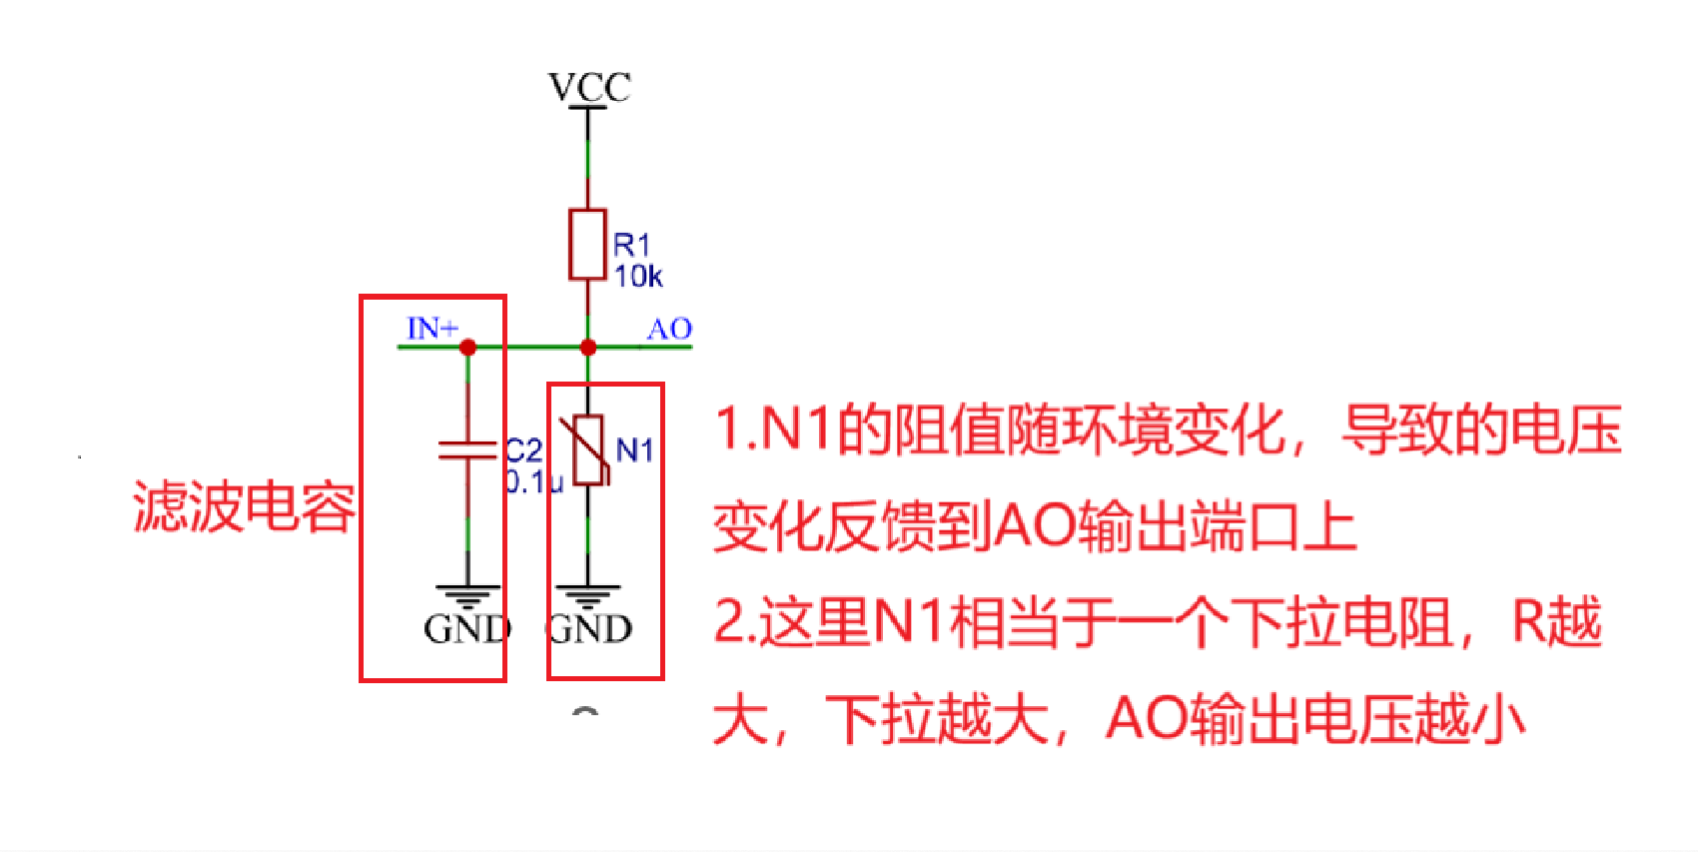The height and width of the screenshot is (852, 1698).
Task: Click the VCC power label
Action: (589, 87)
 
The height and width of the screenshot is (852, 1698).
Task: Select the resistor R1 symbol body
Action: (587, 245)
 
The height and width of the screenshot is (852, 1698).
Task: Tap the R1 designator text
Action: (632, 245)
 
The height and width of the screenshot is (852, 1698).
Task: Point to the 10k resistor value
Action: (638, 277)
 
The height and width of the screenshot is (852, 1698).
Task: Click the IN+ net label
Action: (432, 328)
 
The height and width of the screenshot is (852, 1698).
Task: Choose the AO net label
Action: (669, 329)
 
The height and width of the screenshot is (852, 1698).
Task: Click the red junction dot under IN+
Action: (467, 348)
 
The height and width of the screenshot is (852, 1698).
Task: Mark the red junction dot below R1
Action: (588, 348)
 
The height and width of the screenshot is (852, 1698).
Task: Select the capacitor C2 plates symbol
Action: (467, 450)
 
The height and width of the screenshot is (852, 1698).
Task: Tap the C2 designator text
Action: (523, 450)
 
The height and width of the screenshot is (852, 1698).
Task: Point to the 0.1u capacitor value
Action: (533, 482)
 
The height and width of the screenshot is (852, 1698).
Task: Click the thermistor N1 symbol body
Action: (587, 450)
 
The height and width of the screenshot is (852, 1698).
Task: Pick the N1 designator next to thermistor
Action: (635, 450)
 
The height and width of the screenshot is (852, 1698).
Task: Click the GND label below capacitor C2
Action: (467, 629)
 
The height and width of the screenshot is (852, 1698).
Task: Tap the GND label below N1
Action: (589, 629)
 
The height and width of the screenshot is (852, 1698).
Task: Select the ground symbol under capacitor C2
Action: (467, 595)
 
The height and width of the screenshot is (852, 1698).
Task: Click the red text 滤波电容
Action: (244, 506)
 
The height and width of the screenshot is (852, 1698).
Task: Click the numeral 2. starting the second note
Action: (733, 622)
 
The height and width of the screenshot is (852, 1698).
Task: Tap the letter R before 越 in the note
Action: (1528, 622)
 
